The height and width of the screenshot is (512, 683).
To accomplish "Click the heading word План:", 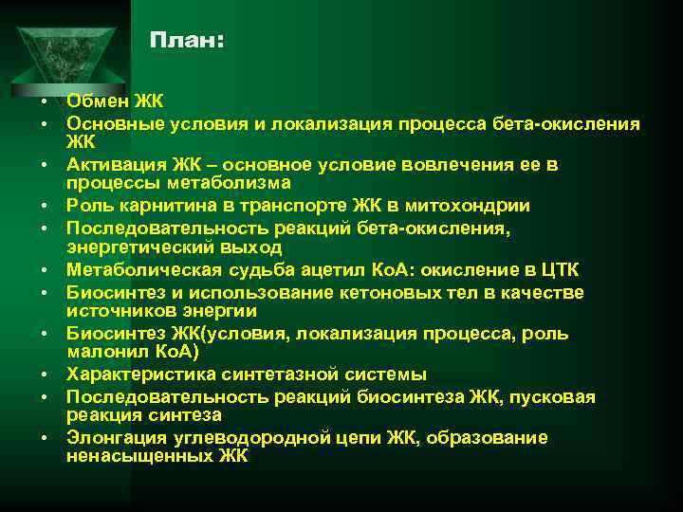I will [187, 42].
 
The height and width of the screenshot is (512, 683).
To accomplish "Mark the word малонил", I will [102, 352].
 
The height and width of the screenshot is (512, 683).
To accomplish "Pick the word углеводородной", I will [254, 438].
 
